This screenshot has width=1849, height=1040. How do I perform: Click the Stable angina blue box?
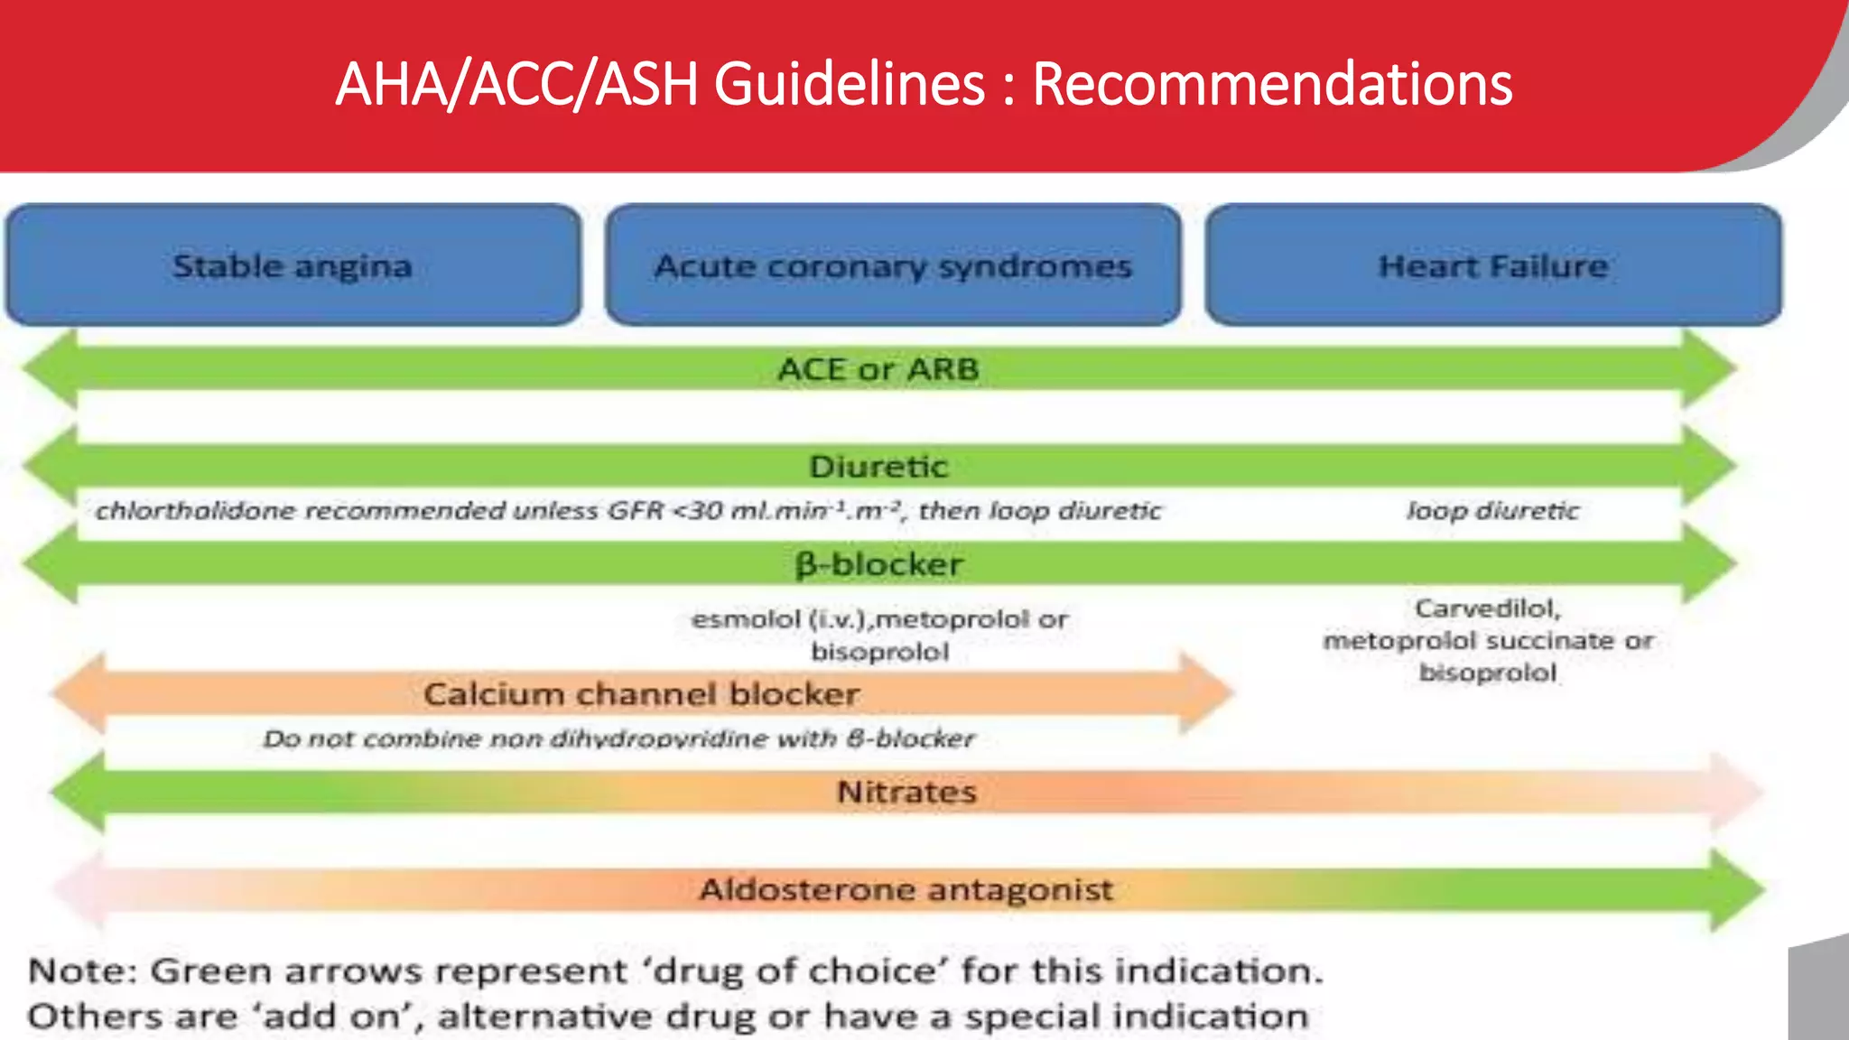[293, 265]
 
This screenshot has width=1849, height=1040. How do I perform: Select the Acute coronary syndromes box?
[893, 265]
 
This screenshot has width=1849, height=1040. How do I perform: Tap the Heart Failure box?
[1493, 265]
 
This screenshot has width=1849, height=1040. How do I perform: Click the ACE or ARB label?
[878, 369]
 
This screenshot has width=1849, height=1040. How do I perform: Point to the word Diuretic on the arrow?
[878, 467]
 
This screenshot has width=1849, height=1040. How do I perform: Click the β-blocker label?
[878, 564]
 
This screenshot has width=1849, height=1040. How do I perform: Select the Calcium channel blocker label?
[641, 694]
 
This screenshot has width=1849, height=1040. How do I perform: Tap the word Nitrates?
[906, 792]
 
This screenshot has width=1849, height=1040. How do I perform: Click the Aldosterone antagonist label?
[906, 889]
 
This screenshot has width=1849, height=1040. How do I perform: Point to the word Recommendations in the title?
[1271, 84]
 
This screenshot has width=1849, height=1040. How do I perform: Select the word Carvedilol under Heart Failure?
[1487, 608]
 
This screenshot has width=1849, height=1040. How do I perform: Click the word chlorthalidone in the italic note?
[195, 511]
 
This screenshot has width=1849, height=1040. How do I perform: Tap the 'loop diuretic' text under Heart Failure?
[1493, 511]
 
